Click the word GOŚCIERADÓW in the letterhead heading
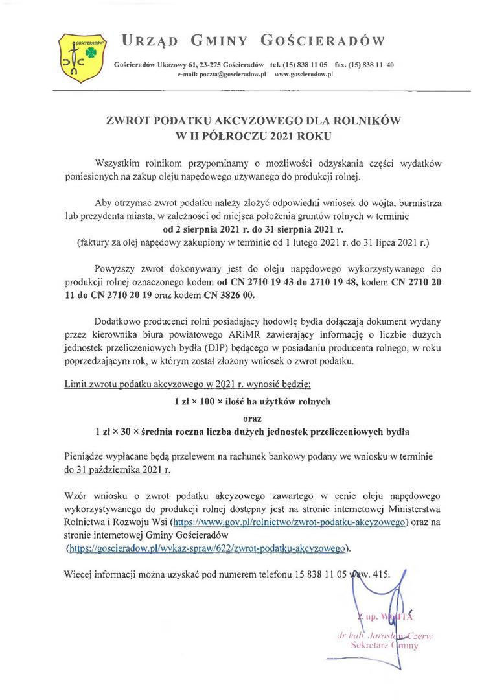[322, 42]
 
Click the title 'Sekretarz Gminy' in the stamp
[384, 646]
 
